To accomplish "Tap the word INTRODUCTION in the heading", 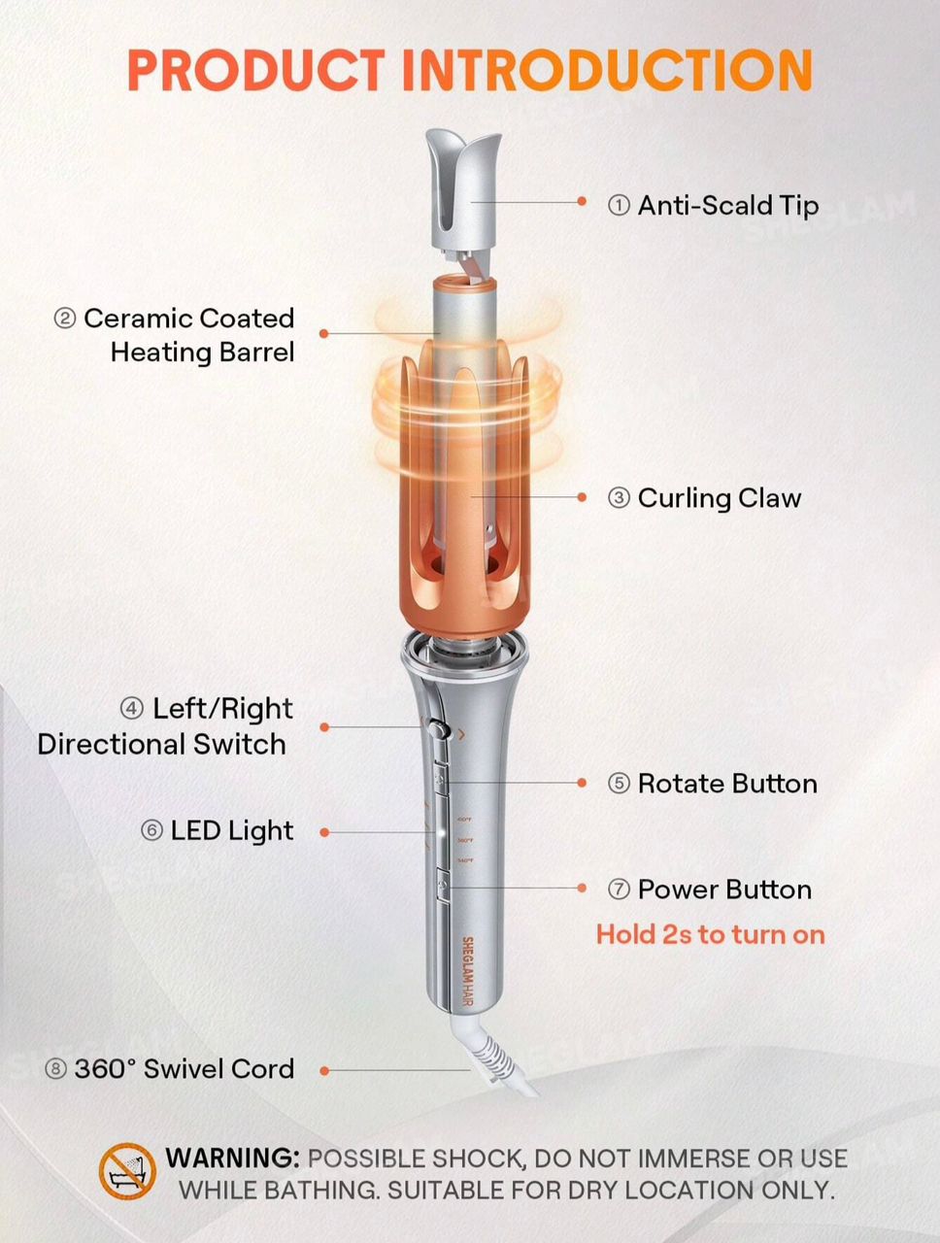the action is [608, 70].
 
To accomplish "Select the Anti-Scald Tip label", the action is [728, 205].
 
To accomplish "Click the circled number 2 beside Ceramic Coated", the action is [64, 319].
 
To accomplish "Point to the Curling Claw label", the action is [720, 498].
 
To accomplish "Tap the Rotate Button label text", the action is [727, 784].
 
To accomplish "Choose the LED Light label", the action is [232, 831].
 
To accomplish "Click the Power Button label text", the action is [724, 890].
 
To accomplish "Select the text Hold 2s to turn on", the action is [711, 934].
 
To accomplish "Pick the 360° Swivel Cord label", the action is [185, 1069].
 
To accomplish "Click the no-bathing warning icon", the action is [127, 1171].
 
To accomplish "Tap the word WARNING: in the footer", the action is [232, 1159].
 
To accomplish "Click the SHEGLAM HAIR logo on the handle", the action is [468, 972].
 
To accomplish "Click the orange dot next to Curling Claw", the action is [582, 497].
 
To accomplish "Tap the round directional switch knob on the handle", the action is [437, 727].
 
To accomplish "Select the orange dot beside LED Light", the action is [324, 832].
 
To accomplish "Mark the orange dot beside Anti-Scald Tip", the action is [582, 201].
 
